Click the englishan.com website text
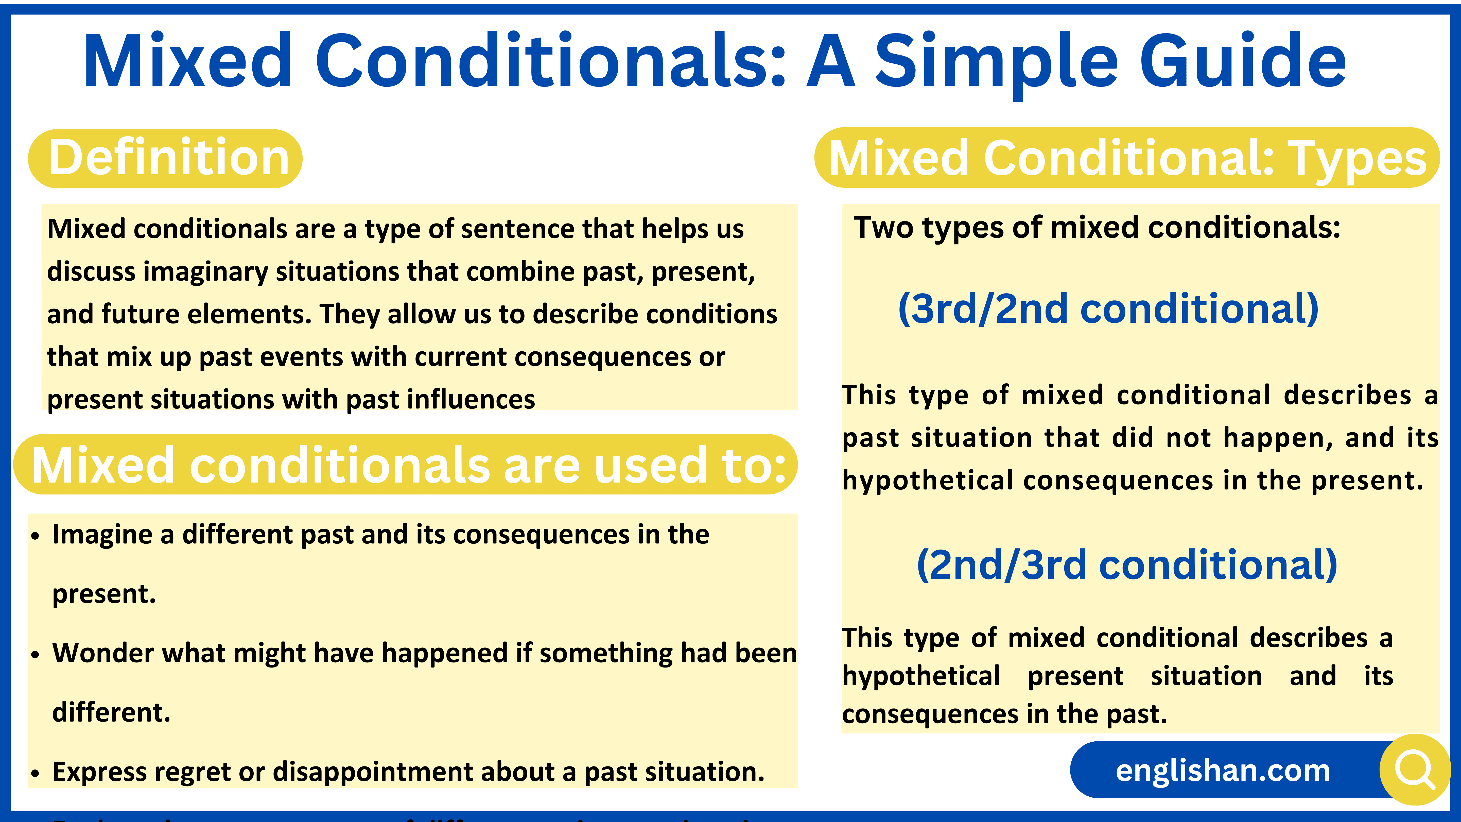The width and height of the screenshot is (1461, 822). (1222, 770)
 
